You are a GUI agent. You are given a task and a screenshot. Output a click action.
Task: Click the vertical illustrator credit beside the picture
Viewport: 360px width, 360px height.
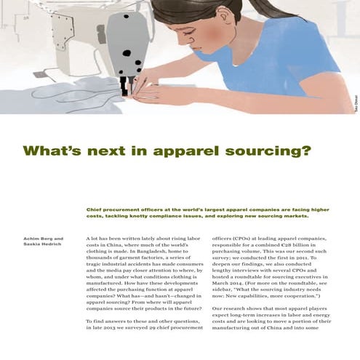[354, 105]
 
